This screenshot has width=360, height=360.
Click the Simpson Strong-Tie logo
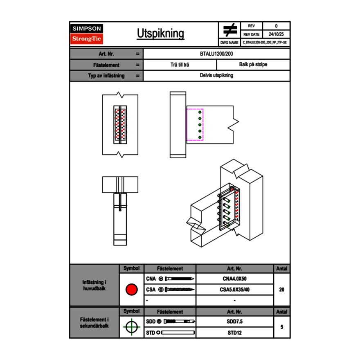(x=87, y=34)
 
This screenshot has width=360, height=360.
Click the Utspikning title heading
(x=160, y=34)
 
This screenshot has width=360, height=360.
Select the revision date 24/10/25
(x=276, y=34)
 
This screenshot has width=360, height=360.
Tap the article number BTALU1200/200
(x=217, y=54)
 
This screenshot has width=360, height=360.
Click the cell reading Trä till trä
(x=180, y=65)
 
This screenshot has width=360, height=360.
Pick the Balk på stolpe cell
(x=253, y=65)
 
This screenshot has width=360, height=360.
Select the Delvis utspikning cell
(x=217, y=75)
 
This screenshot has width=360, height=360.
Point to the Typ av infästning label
(x=106, y=76)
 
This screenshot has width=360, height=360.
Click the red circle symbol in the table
(x=131, y=290)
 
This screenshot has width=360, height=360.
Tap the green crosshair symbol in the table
(x=131, y=327)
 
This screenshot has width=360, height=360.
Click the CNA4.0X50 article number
(x=234, y=279)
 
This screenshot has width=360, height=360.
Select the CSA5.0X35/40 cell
(x=234, y=290)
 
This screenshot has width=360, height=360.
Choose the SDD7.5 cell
(x=234, y=322)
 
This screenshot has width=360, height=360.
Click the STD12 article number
(x=234, y=333)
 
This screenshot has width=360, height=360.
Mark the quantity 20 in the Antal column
(x=281, y=290)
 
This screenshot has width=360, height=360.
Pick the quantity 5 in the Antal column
(x=281, y=327)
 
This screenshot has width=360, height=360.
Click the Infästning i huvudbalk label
(x=94, y=286)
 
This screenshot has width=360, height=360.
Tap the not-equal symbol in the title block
(x=230, y=30)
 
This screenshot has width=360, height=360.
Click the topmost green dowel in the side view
(x=200, y=112)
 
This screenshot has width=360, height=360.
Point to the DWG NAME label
(x=229, y=43)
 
